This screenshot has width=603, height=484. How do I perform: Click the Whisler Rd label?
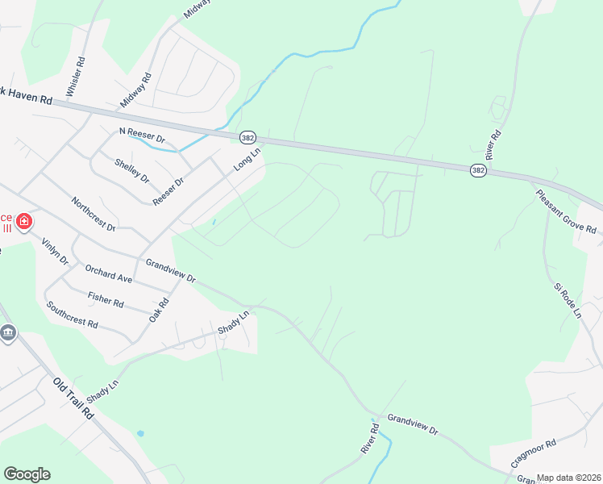click(80, 71)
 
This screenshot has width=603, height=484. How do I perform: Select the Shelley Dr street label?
click(132, 170)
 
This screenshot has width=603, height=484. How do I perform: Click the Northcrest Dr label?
click(94, 214)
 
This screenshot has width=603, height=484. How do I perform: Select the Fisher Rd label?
click(106, 298)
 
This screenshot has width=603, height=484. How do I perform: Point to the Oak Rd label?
click(157, 310)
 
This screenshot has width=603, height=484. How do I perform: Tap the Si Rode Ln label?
click(567, 300)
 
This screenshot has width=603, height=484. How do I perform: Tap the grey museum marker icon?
click(8, 333)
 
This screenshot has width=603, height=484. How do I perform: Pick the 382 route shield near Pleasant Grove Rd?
click(479, 170)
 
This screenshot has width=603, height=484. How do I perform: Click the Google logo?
click(27, 474)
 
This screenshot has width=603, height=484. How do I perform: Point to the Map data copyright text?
click(569, 478)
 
